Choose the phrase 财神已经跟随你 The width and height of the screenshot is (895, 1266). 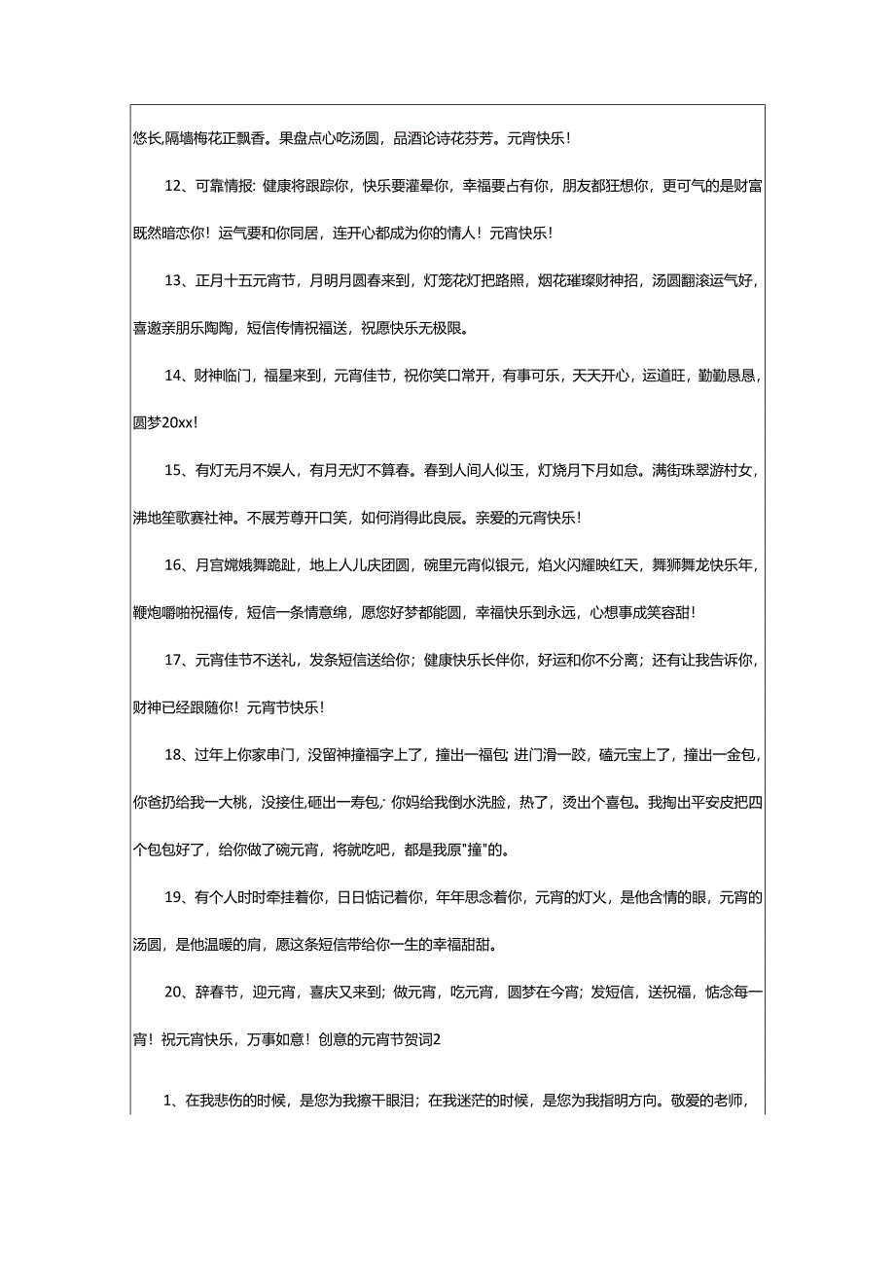(185, 706)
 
